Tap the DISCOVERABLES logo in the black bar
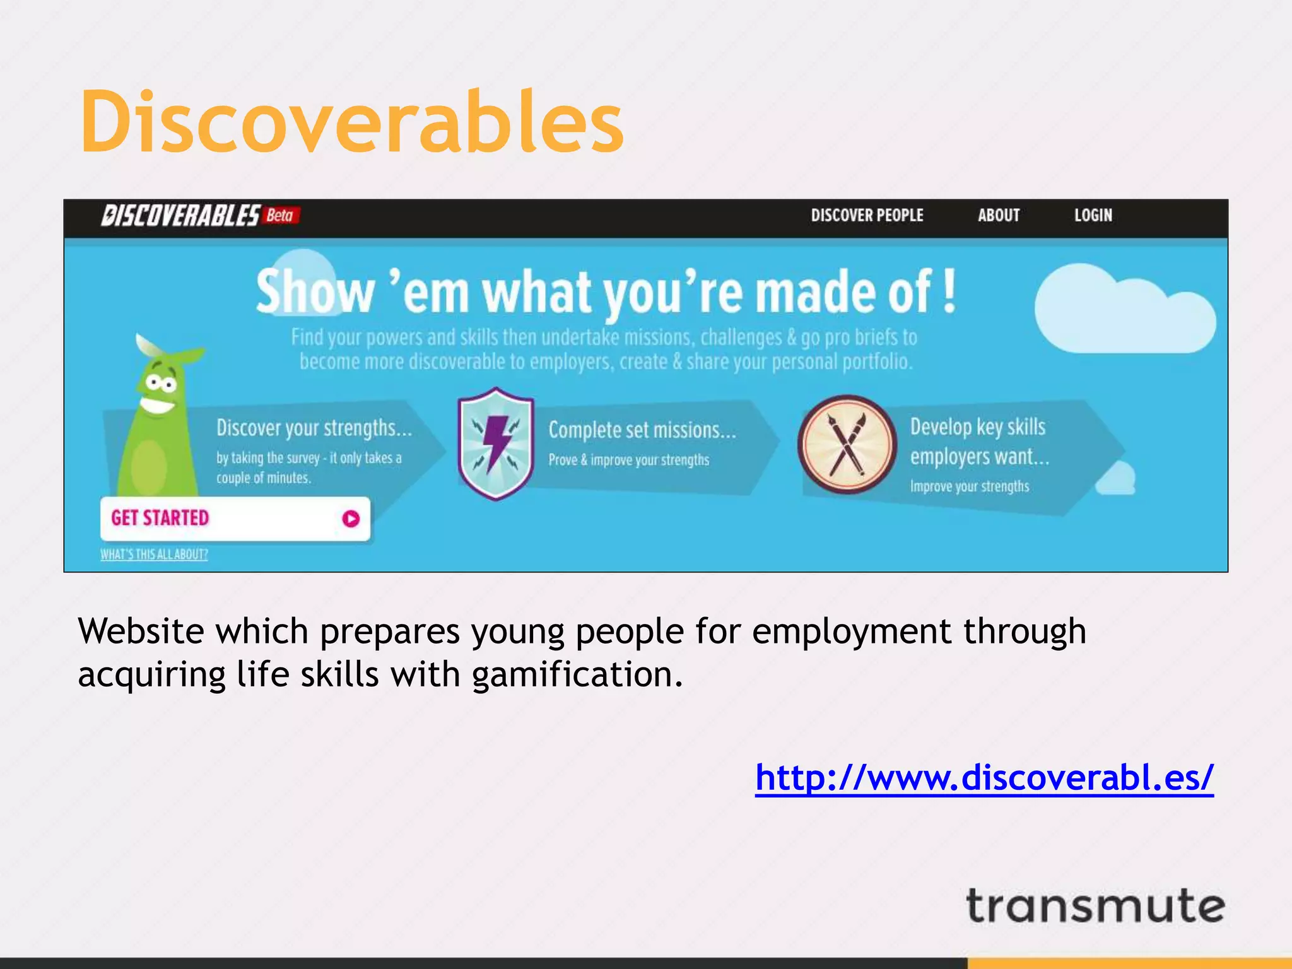(180, 216)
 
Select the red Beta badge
(281, 216)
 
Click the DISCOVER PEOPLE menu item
(867, 216)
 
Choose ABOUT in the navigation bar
(999, 216)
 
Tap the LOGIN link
(1093, 216)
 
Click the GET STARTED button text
(160, 518)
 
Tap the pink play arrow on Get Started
(351, 519)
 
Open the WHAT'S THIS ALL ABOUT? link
(154, 555)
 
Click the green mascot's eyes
(161, 384)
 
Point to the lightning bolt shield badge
(496, 443)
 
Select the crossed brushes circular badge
(847, 444)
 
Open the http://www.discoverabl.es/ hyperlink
(984, 777)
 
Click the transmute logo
(1095, 907)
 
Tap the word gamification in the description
(577, 675)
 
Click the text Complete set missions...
(642, 430)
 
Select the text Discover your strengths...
(314, 428)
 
